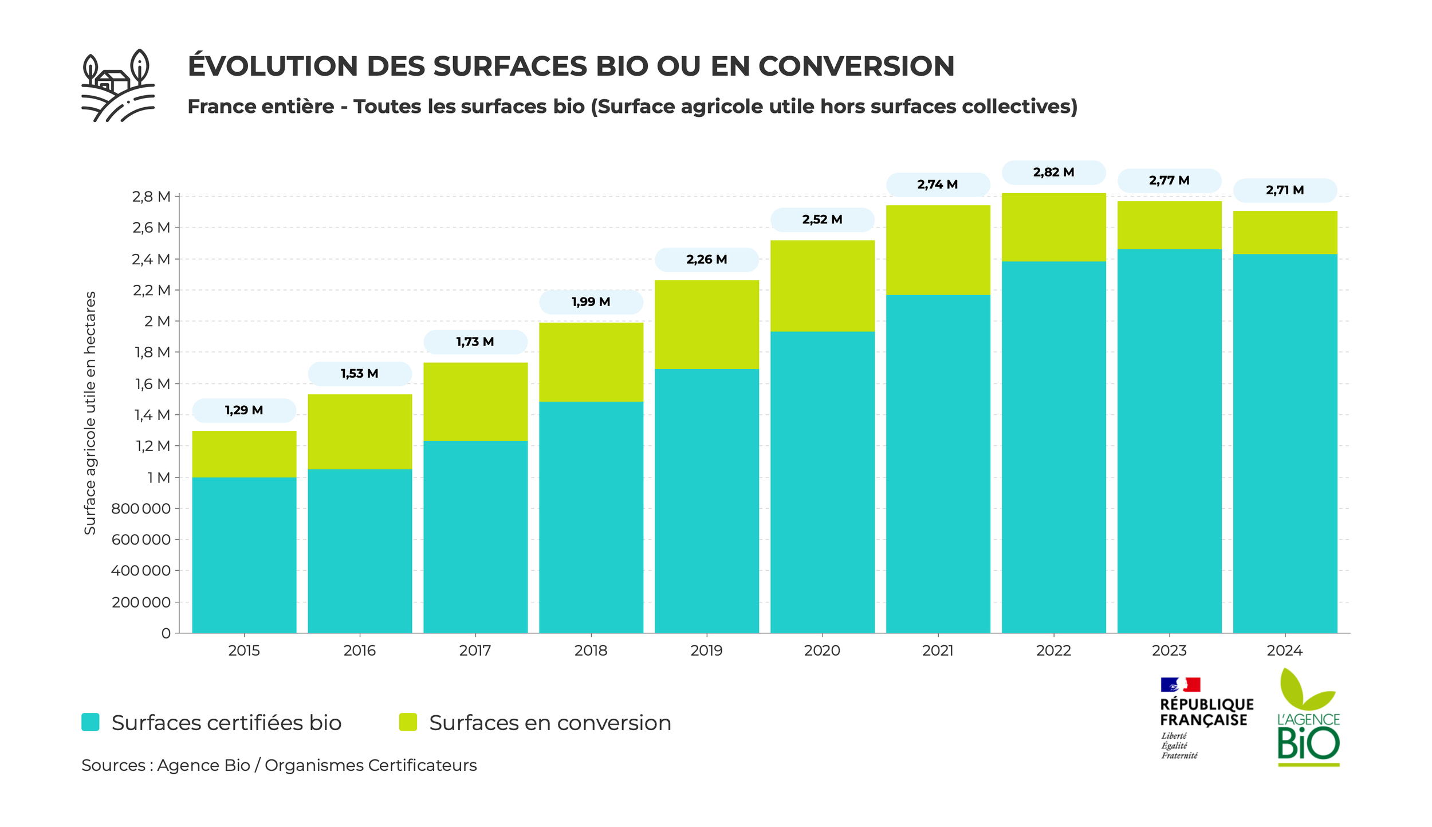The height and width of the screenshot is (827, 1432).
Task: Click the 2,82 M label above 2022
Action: pos(1053,173)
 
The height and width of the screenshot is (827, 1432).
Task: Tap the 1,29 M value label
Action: pos(244,410)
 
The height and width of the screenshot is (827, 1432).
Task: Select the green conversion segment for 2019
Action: pos(706,324)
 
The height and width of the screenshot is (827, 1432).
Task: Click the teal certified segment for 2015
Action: pos(244,555)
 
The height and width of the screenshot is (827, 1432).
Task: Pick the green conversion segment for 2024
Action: pos(1285,233)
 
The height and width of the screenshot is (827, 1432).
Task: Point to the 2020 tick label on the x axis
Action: pos(822,650)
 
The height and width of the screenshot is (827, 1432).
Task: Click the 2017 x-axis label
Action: pos(475,650)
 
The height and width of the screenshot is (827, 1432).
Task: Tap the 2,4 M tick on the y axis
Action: pos(151,260)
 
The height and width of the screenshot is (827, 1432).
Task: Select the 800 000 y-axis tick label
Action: pos(141,509)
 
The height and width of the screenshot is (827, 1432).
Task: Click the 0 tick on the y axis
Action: pos(166,633)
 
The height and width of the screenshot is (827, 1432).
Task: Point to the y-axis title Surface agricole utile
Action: pos(90,413)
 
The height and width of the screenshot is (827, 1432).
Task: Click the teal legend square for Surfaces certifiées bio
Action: pos(91,722)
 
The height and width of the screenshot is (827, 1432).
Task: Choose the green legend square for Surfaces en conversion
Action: pos(408,722)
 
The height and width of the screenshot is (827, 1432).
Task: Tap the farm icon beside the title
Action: pos(118,86)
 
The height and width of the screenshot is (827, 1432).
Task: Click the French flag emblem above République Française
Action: pos(1180,684)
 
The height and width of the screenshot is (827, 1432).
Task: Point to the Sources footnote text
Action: pos(279,765)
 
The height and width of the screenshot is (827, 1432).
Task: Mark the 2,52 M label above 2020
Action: pos(822,220)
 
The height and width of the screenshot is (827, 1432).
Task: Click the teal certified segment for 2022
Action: pos(1053,447)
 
